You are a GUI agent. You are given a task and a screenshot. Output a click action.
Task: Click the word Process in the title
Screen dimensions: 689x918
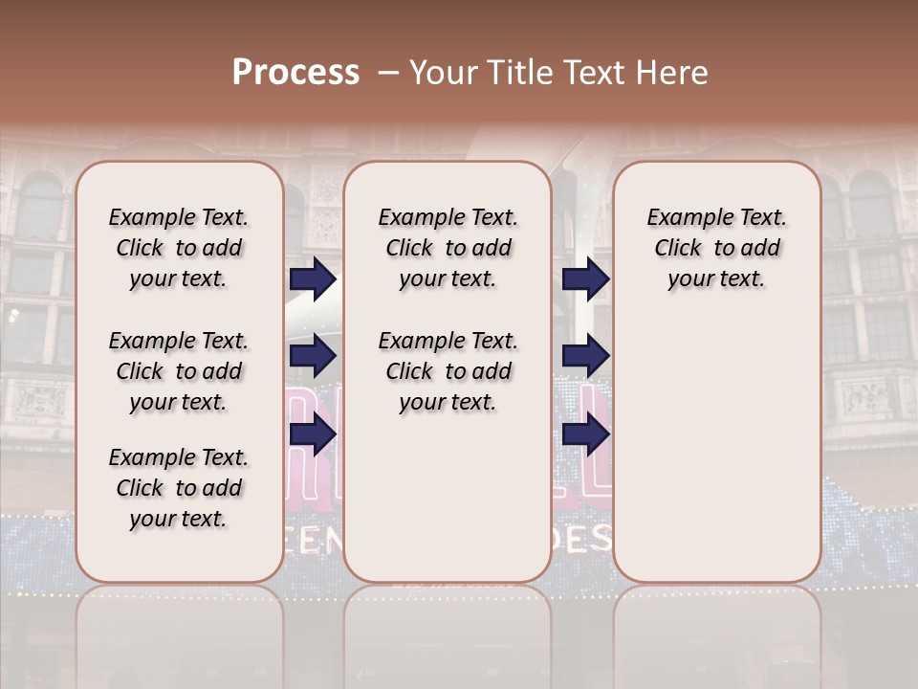(295, 73)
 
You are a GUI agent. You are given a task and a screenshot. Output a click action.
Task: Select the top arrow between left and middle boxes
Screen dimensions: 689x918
(313, 278)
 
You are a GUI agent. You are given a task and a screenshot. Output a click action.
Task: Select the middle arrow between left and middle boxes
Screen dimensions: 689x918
(313, 356)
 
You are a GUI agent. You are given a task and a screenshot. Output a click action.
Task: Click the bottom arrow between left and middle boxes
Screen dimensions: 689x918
(313, 433)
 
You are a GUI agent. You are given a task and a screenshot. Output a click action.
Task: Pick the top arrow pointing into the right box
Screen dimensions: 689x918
(585, 278)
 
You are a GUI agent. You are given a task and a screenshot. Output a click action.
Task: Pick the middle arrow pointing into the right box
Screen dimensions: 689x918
(585, 356)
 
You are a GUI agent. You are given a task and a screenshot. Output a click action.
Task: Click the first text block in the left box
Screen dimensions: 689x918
(179, 248)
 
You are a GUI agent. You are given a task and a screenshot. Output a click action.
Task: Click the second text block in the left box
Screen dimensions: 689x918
(179, 371)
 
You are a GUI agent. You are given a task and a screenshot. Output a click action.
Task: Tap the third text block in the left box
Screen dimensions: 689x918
(179, 488)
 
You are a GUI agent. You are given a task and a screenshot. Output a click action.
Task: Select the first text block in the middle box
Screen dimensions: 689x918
(448, 248)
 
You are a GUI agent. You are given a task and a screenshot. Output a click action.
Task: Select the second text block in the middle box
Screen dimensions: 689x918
(448, 371)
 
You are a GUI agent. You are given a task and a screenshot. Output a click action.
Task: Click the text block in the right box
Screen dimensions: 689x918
(716, 248)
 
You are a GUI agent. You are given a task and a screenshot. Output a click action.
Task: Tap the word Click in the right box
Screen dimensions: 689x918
(678, 249)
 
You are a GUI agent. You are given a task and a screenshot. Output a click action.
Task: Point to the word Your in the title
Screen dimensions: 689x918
(444, 73)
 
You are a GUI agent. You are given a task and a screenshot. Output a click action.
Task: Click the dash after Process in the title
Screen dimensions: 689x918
(388, 73)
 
